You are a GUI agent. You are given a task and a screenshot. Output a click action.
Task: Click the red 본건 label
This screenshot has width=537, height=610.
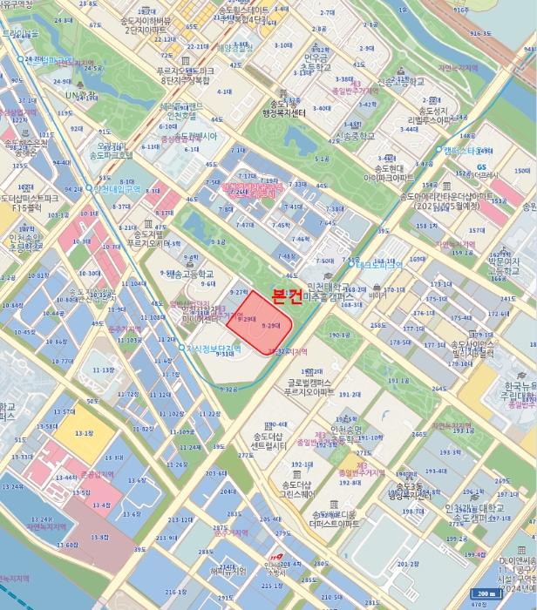tap(287, 296)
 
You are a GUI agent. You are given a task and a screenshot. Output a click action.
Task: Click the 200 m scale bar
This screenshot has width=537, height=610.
tap(489, 594)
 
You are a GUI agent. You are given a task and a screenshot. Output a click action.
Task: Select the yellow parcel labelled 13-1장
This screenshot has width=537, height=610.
tap(84, 433)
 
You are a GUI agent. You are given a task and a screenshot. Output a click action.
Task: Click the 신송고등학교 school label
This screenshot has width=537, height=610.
tap(400, 82)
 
